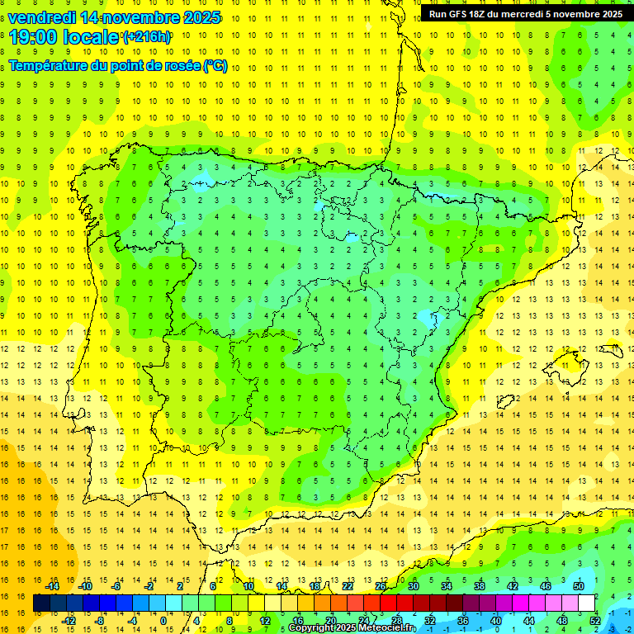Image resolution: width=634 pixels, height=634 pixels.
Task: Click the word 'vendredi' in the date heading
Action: pos(42,17)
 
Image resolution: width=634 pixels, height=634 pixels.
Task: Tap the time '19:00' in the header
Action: pos(34,37)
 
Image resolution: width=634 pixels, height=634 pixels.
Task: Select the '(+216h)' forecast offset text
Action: pos(147,37)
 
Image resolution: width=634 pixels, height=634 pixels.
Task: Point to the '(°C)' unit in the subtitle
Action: pos(215,66)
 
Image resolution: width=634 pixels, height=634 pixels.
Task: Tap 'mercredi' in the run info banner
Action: pos(538,14)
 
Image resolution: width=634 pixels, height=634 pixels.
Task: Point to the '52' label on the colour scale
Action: pos(595,620)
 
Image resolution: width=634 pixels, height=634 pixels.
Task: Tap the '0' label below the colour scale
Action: pos(163,620)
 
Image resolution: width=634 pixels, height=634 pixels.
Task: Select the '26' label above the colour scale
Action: pos(381,586)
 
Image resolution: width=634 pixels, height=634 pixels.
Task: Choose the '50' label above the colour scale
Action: pos(579,586)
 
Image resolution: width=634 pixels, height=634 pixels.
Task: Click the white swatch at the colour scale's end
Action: pos(586,603)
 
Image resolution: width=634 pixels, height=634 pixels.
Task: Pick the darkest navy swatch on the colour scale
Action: pos(42,603)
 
